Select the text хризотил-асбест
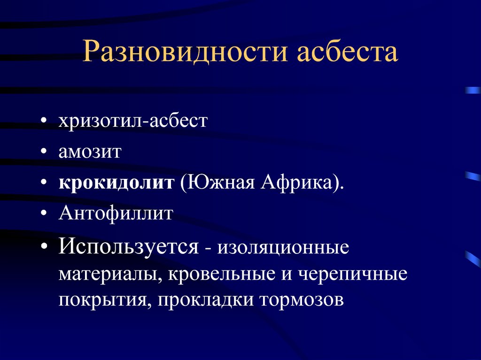[x=132, y=122]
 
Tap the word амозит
[x=90, y=152]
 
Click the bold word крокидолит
[x=116, y=182]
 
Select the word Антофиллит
[x=116, y=214]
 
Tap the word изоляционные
[x=283, y=247]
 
